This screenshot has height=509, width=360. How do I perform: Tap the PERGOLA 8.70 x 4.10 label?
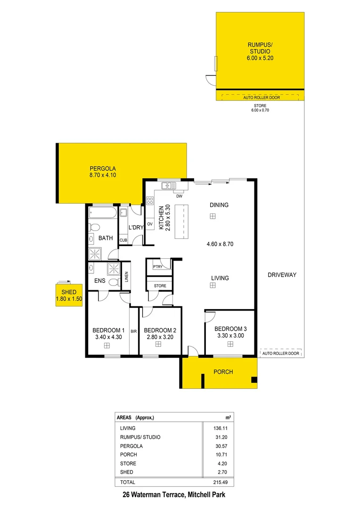tap(103, 172)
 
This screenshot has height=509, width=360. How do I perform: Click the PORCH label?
tap(223, 372)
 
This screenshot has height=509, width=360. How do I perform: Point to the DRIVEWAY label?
tap(282, 275)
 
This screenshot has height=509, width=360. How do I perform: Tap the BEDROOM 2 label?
tap(160, 330)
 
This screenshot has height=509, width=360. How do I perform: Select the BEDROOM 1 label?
tap(108, 330)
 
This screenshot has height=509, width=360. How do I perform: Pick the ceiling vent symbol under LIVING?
tap(213, 285)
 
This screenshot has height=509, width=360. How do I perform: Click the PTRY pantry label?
tap(157, 267)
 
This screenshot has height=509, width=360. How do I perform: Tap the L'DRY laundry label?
tap(136, 227)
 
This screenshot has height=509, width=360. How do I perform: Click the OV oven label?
tap(150, 223)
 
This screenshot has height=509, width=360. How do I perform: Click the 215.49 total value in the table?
tap(220, 482)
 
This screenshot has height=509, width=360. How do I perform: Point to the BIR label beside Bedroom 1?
tap(134, 331)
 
